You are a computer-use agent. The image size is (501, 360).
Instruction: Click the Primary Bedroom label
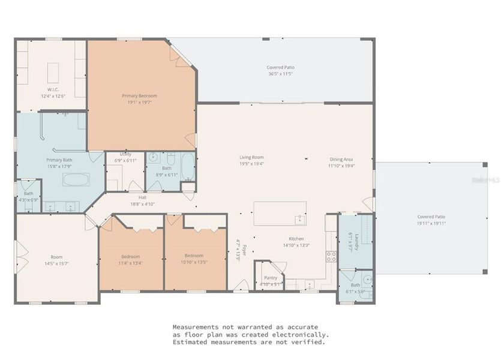139,96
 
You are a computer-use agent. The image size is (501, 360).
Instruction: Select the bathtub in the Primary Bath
76,179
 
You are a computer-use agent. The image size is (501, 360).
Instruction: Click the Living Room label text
252,158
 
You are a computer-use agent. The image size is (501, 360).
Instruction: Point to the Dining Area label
341,159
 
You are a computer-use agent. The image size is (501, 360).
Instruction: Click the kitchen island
280,213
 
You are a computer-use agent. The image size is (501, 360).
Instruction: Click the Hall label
142,197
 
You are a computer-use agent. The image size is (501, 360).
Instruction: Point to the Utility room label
125,154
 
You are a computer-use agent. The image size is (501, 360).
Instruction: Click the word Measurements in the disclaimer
197,327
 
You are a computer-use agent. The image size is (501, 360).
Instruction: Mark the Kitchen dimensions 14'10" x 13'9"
296,245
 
